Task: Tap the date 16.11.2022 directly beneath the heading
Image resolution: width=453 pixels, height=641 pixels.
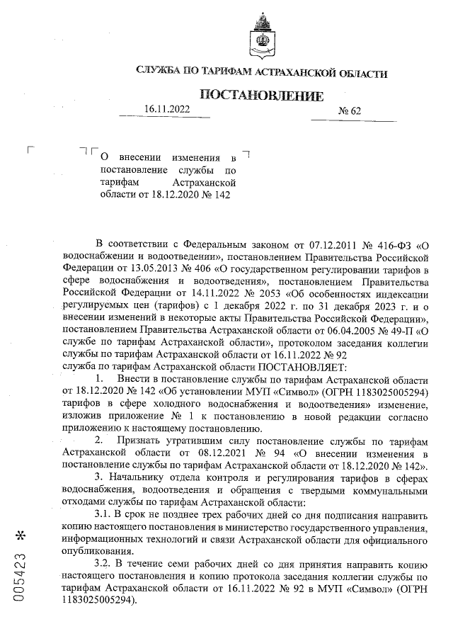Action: [167, 109]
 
